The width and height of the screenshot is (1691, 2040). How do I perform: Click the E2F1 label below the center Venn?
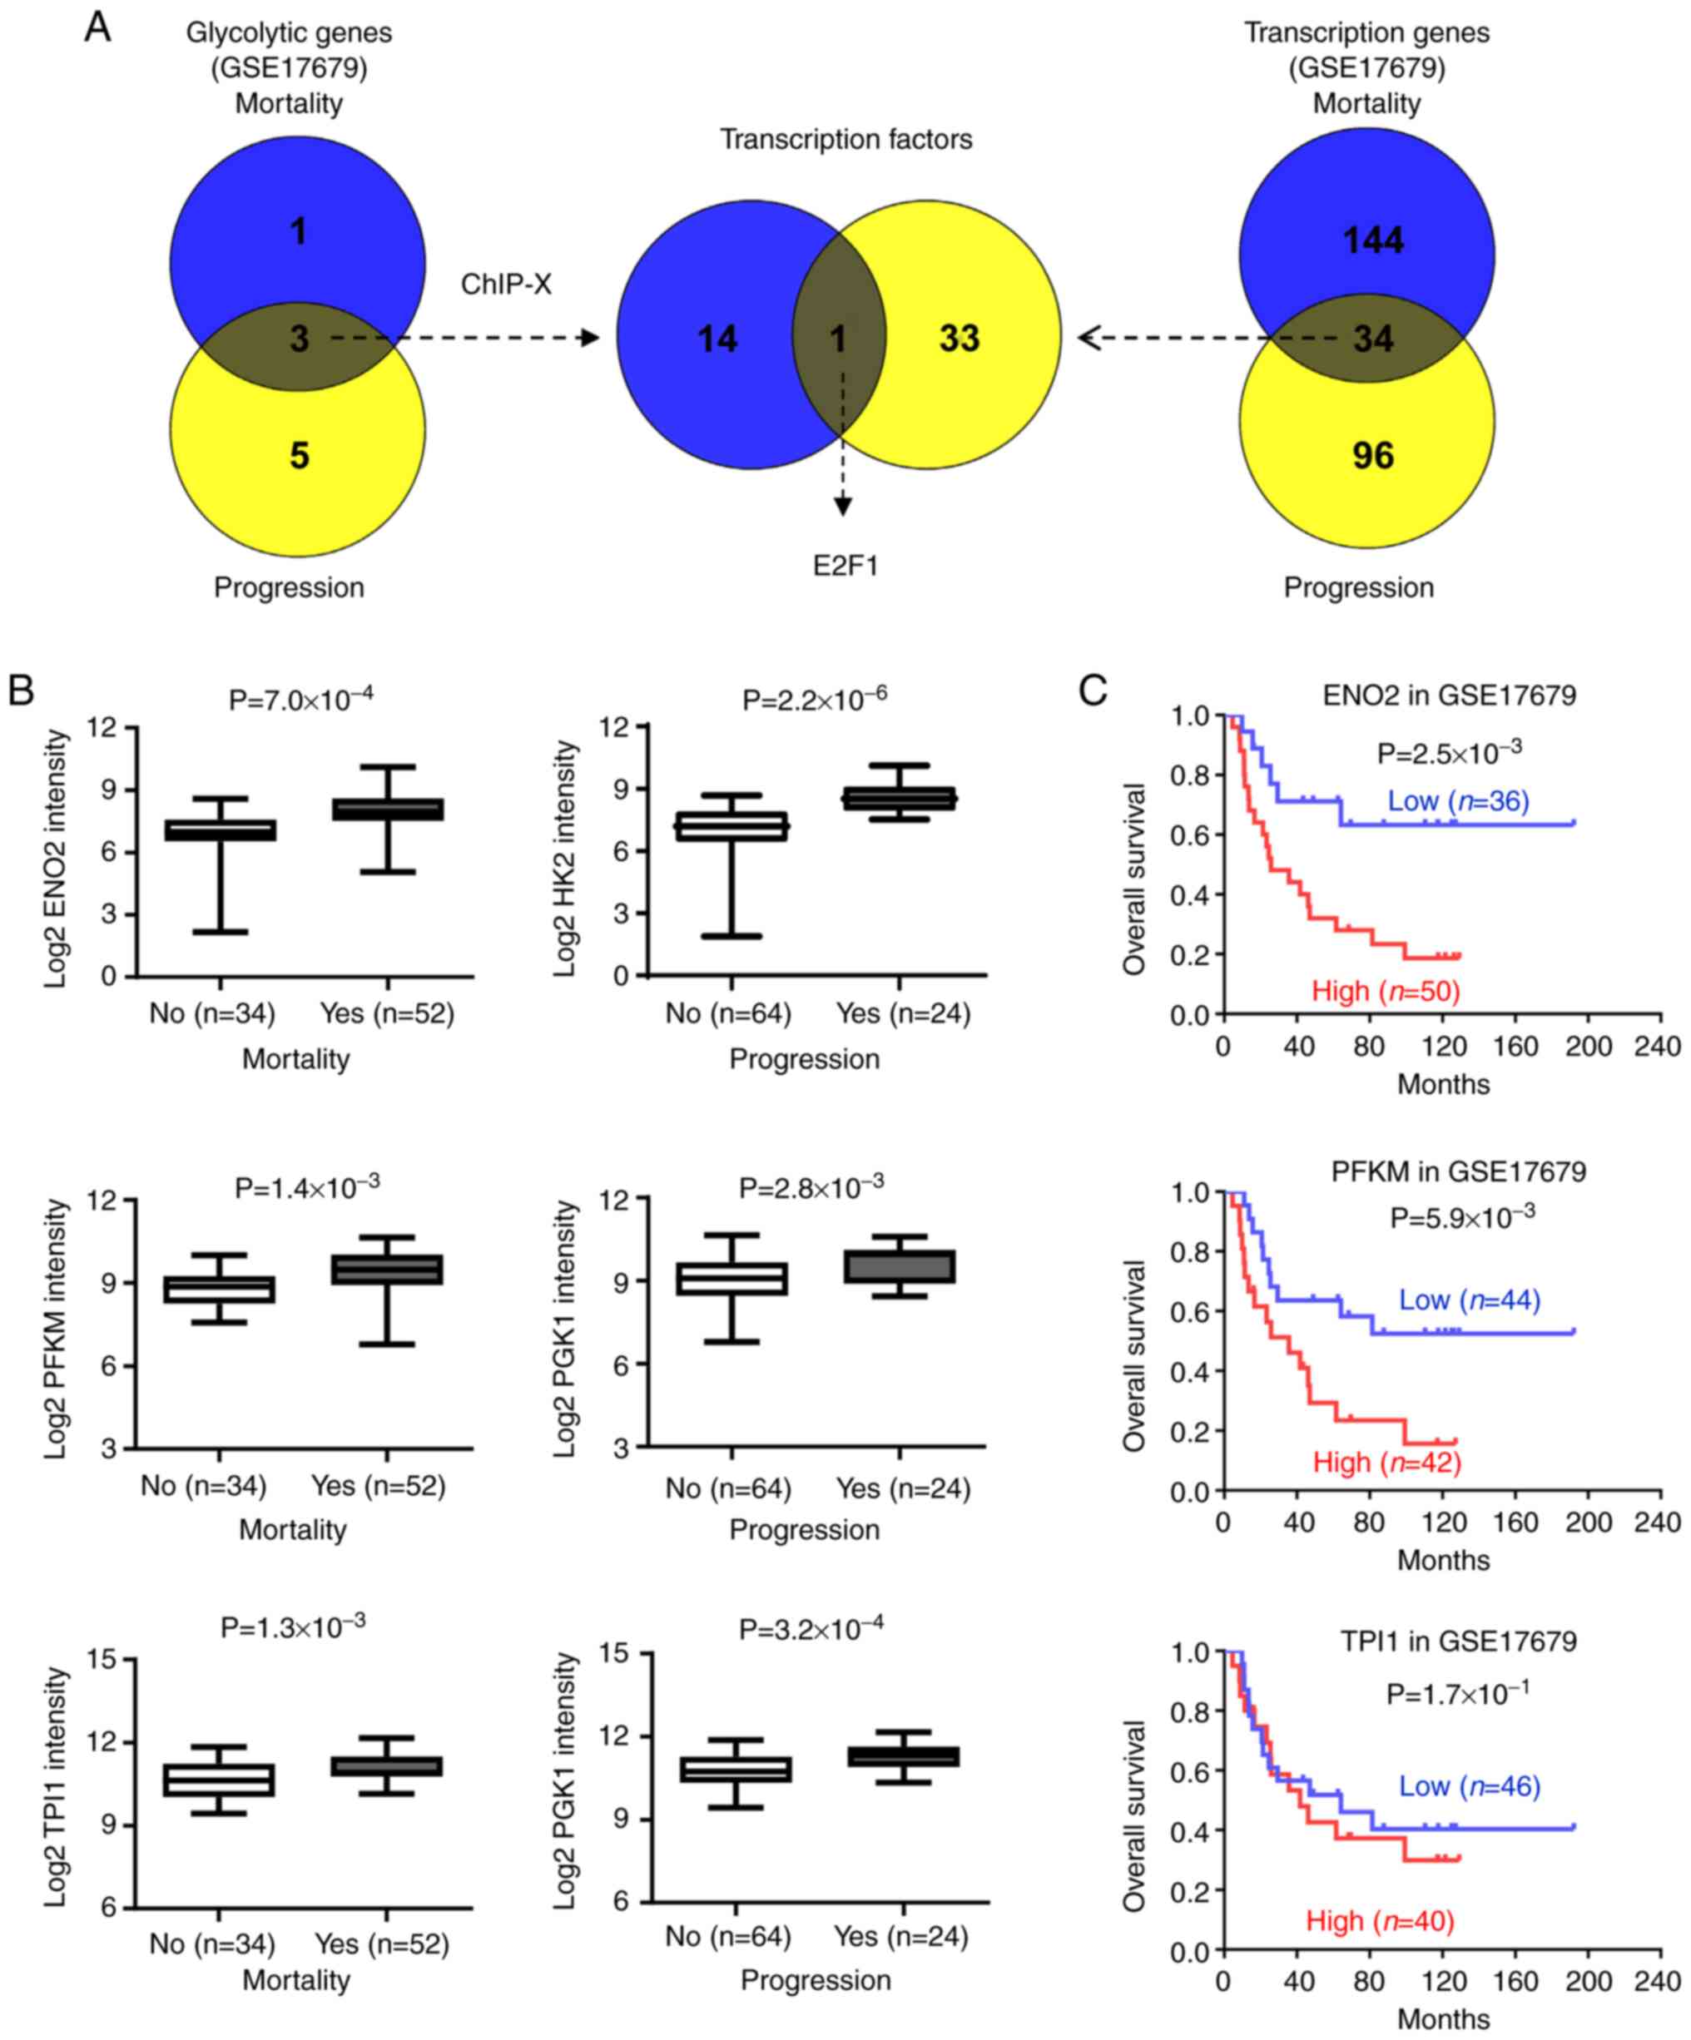845,566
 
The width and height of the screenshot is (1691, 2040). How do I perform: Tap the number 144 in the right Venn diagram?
1372,240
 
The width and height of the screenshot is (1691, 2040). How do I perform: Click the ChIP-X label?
505,285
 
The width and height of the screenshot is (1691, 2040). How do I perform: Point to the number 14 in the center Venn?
717,339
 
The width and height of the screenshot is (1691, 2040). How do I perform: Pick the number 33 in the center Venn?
960,338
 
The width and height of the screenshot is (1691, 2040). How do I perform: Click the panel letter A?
97,27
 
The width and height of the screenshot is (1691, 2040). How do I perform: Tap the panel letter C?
1093,691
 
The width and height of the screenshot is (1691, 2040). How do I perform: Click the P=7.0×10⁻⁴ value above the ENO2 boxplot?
300,699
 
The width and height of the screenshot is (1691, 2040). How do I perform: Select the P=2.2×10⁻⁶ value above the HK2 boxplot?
815,699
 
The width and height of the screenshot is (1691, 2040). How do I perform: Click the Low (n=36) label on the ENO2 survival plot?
1458,801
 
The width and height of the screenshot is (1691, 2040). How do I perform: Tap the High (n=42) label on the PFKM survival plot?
1386,1462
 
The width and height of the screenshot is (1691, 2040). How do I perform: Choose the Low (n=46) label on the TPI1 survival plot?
1470,1785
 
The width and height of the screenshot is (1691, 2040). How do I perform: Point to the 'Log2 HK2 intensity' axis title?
566,859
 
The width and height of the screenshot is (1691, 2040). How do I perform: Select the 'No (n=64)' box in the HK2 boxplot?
731,827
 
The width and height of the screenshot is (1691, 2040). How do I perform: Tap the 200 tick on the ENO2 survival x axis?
1588,1047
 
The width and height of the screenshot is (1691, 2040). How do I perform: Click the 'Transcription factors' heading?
845,140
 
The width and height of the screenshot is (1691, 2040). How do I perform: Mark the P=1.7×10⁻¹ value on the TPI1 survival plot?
1458,1694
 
